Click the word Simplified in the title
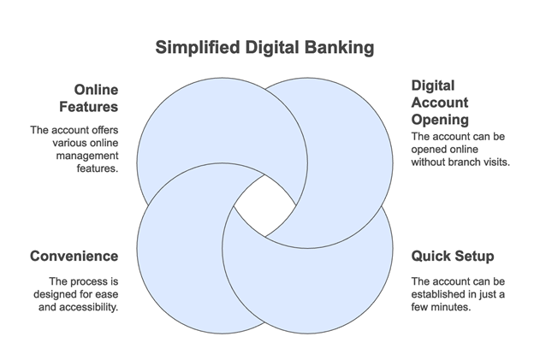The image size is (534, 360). (198, 47)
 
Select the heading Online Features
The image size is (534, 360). (88, 98)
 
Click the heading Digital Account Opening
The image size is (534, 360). (440, 103)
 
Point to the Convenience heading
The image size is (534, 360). (74, 257)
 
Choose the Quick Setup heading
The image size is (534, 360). (453, 257)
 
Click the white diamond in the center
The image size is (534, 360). (265, 205)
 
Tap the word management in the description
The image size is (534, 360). (87, 156)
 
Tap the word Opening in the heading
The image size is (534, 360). (440, 120)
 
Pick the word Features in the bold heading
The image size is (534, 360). (88, 107)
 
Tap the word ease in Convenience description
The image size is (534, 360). (107, 295)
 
